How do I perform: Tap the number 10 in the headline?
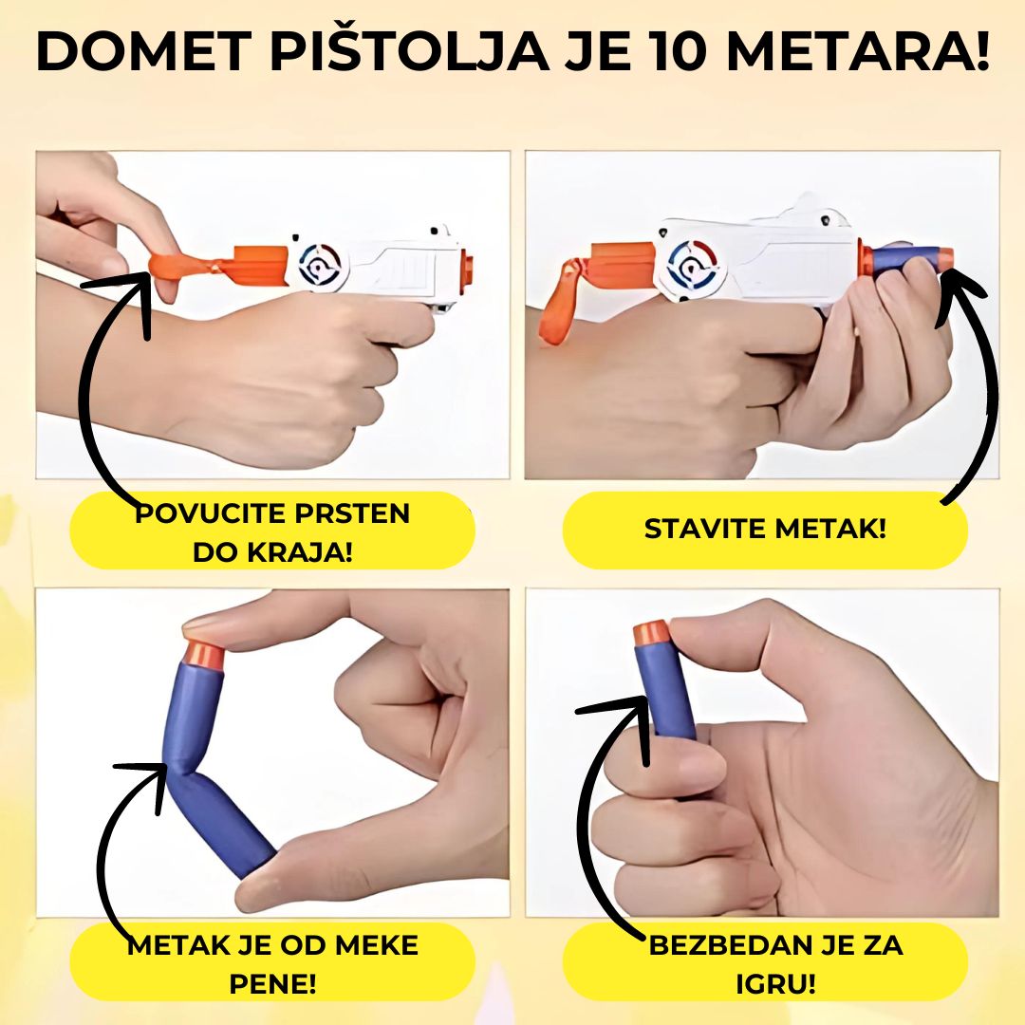pyautogui.click(x=678, y=51)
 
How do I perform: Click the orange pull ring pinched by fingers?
pyautogui.click(x=171, y=269)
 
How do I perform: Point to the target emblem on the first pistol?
pyautogui.click(x=321, y=264)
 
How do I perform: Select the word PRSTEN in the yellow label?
pyautogui.click(x=352, y=513)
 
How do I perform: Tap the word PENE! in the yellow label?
pyautogui.click(x=272, y=984)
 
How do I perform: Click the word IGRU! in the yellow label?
pyautogui.click(x=776, y=984)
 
